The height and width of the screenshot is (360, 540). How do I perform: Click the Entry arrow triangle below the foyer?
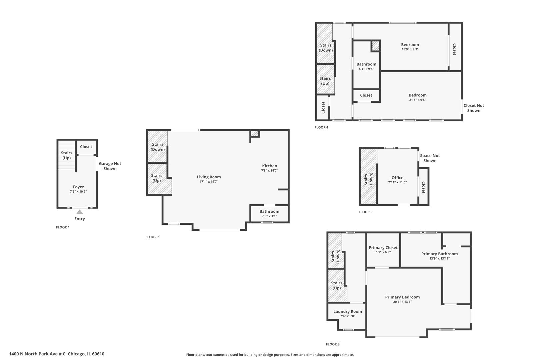click(x=79, y=212)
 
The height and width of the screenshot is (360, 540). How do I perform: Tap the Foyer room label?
click(x=78, y=187)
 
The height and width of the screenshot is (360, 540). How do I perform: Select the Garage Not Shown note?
click(x=110, y=166)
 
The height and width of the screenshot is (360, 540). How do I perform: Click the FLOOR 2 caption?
click(x=152, y=237)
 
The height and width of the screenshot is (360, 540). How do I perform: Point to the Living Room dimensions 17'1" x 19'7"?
click(x=209, y=182)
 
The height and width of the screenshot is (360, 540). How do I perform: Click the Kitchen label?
click(x=269, y=166)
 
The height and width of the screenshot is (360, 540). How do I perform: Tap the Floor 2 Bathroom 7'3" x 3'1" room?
click(x=269, y=213)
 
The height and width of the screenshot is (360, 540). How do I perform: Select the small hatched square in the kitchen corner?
click(x=255, y=134)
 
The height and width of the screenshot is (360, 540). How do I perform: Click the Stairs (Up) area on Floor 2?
click(x=157, y=178)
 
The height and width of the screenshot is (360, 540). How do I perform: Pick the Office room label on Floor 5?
click(x=397, y=178)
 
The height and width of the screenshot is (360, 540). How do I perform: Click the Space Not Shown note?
click(x=430, y=158)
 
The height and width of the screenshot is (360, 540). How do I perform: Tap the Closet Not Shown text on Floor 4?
click(x=473, y=108)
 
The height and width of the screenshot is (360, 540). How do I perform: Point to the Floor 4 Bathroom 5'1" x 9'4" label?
click(x=366, y=64)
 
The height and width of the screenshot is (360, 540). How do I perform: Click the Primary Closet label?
click(x=383, y=248)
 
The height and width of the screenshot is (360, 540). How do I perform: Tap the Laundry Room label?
click(x=347, y=311)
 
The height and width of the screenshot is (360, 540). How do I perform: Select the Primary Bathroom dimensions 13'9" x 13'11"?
click(x=439, y=258)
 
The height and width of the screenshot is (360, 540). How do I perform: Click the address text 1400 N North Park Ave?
click(x=57, y=354)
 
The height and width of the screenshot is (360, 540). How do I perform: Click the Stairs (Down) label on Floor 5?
click(x=368, y=180)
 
